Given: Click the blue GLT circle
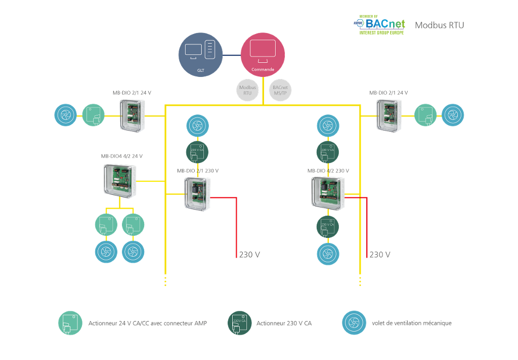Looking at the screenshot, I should coord(201,55).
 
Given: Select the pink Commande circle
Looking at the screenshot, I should coord(263,55).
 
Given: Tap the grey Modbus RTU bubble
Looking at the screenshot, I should coord(248,90).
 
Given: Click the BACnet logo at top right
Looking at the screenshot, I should coord(379,25).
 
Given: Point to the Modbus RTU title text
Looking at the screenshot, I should coord(439,25).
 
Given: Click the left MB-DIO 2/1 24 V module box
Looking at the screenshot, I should coord(133,115).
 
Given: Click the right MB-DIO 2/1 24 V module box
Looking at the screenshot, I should coord(389,115).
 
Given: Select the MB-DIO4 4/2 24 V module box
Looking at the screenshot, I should coord(120,181).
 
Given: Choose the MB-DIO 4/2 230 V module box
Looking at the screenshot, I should coord(327,191).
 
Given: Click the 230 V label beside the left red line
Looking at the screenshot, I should coord(250,255).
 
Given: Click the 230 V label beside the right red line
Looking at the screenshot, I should coord(380,255).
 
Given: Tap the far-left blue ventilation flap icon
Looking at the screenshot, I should coord(66,115).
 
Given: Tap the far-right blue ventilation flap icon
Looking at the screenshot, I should coord(453,115).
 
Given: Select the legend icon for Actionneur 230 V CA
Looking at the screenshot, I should coord(240,323).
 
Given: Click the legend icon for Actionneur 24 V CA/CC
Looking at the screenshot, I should coord(70,323).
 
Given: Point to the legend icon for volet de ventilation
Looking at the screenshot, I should coord(354,323).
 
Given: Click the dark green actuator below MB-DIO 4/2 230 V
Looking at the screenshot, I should coord(328,226).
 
